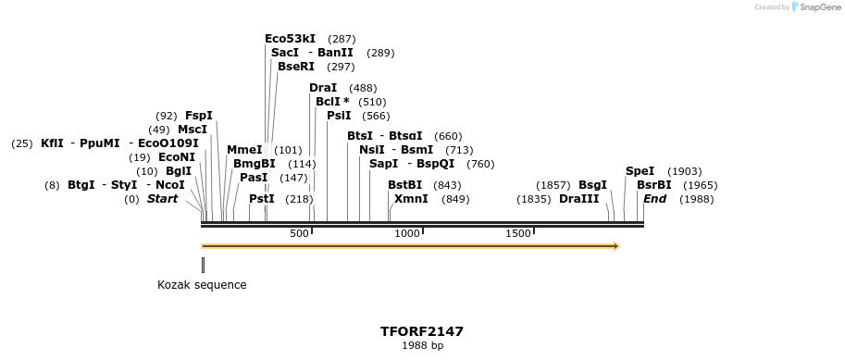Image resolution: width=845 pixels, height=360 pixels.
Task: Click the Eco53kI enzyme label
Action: [291, 39]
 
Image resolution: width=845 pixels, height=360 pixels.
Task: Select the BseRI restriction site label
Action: [296, 67]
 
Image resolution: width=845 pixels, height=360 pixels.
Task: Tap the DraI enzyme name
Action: [323, 88]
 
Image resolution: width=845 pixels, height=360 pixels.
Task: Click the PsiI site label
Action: [339, 116]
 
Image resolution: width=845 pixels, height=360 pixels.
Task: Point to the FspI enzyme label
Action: [199, 116]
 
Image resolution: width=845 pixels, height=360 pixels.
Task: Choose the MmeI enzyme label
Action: [244, 150]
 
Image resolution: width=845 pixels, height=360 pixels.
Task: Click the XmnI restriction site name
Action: [411, 199]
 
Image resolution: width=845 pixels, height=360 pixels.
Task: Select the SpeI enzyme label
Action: [640, 171]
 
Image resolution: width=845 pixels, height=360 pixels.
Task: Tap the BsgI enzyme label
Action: [592, 185]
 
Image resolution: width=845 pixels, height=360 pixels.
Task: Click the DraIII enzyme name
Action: [579, 199]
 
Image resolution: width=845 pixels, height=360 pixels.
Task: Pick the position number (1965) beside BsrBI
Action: [700, 185]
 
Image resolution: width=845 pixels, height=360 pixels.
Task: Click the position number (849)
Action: [455, 199]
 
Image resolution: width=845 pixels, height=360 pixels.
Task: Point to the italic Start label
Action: [162, 199]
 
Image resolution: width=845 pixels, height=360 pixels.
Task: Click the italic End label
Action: [654, 199]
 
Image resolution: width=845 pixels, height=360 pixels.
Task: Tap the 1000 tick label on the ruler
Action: [407, 234]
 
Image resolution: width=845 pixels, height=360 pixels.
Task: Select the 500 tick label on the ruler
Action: [299, 234]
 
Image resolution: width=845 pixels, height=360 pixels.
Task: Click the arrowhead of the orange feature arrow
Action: [615, 246]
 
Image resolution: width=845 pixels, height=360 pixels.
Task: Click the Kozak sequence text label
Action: [202, 285]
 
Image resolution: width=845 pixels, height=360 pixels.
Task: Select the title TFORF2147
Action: [422, 331]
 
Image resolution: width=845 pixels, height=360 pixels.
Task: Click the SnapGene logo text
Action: [818, 7]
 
